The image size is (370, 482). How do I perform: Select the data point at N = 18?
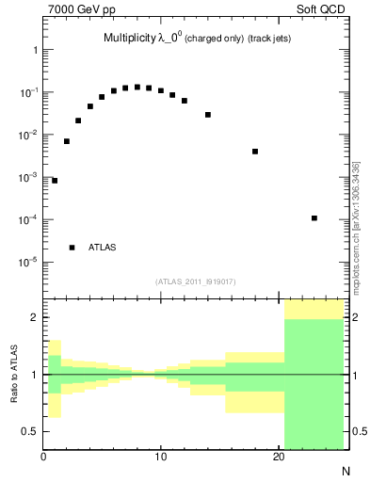(255, 152)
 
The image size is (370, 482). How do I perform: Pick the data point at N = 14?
(208, 115)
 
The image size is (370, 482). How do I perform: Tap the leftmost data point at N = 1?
(55, 181)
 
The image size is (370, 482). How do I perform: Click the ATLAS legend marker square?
(72, 248)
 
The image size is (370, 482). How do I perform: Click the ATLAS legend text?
(102, 248)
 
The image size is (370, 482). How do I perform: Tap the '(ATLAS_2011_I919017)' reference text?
(195, 280)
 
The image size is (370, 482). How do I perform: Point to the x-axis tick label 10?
(161, 457)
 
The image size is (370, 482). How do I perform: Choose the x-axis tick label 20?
(279, 457)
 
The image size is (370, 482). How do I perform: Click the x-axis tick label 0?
(43, 457)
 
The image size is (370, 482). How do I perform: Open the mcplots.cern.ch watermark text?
(356, 226)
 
